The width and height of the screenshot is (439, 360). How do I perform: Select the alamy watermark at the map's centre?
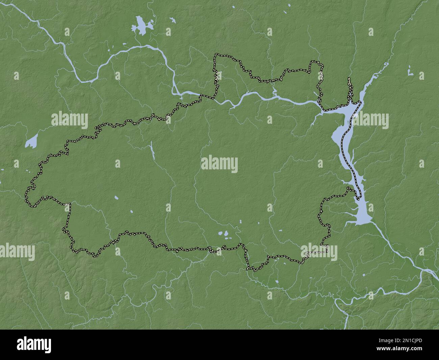219,164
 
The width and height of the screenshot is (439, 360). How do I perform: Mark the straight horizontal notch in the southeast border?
317,252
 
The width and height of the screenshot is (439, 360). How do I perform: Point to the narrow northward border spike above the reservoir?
349,85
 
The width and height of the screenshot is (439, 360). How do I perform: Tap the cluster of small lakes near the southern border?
224,234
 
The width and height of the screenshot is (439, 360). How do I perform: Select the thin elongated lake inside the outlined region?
152,151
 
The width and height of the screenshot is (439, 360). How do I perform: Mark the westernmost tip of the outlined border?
26,194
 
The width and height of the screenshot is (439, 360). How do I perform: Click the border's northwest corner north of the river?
215,54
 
